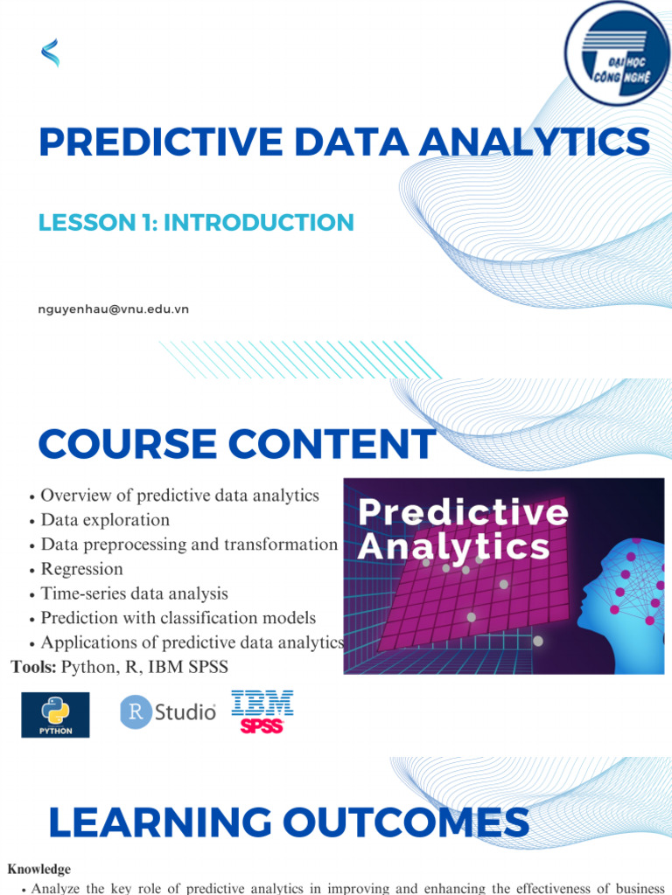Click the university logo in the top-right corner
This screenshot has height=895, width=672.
617,51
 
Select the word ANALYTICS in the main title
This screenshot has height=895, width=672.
534,142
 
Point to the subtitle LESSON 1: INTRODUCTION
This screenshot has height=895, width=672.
196,222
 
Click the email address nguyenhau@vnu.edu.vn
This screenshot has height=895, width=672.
114,309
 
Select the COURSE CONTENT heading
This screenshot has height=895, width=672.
236,444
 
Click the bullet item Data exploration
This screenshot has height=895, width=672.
105,520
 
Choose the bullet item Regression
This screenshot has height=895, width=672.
81,569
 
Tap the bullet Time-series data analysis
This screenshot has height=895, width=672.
134,593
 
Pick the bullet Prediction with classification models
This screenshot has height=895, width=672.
178,618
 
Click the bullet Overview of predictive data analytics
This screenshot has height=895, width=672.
179,496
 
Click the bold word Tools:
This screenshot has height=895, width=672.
34,668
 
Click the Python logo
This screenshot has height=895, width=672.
55,715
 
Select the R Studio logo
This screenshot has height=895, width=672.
167,712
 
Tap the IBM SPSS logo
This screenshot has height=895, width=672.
262,711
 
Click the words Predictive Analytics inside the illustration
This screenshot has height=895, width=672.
462,530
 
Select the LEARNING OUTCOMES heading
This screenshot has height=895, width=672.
288,823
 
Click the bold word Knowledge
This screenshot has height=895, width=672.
39,870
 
